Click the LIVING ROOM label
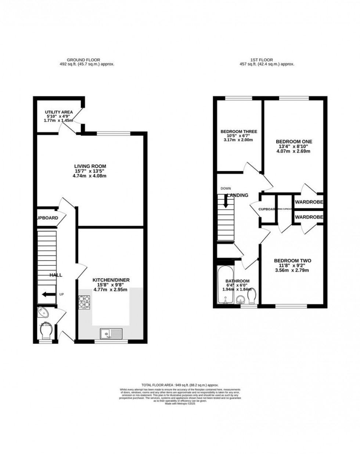click(x=90, y=166)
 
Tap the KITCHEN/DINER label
click(x=111, y=280)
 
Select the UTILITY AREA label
click(x=59, y=112)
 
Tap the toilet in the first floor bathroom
click(x=252, y=296)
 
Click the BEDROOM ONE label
click(x=294, y=142)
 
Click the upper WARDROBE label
click(x=309, y=202)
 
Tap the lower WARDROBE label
click(x=309, y=217)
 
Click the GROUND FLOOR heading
click(x=83, y=60)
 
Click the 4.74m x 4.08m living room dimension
click(x=90, y=176)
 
